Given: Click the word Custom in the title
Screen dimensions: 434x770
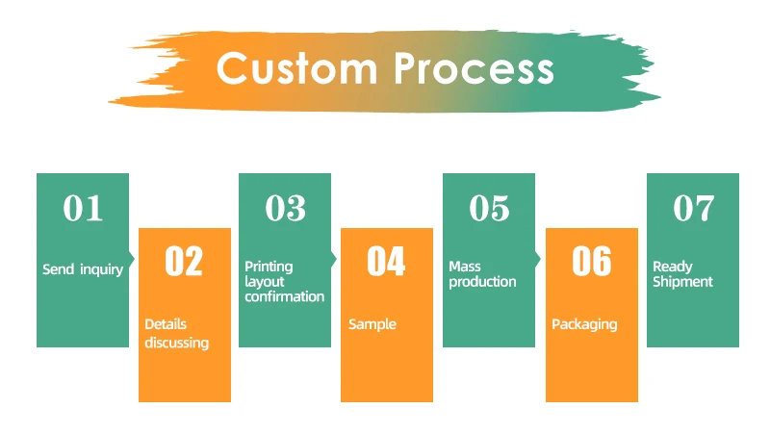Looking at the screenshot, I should (x=297, y=69).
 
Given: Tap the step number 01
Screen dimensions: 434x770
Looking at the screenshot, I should (x=83, y=208).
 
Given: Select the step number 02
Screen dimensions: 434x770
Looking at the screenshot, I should (x=184, y=262).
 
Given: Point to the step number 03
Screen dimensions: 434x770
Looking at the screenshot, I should (x=285, y=208).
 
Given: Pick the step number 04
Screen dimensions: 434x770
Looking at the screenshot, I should (x=386, y=262).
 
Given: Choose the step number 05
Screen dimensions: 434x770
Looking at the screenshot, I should (x=489, y=208).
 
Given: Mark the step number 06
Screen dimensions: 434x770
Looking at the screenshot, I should (x=591, y=262).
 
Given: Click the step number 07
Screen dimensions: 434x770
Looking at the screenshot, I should (x=693, y=208).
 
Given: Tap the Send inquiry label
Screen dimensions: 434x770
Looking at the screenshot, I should (x=83, y=269).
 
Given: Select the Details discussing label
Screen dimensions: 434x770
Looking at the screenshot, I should (x=176, y=333).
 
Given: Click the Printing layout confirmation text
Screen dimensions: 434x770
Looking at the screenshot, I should (x=284, y=281).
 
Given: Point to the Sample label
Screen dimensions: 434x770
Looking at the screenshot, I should (x=372, y=324).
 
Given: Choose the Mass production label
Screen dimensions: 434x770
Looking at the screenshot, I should (x=482, y=274).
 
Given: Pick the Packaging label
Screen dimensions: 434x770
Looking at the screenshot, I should (x=583, y=324).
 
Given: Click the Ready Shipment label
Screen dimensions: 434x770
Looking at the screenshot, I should (x=682, y=274).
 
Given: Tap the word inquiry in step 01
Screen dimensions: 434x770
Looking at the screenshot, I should (x=101, y=269).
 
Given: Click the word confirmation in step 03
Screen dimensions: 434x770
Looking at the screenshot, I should (x=284, y=296).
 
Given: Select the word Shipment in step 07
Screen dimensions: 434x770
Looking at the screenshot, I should (x=682, y=282).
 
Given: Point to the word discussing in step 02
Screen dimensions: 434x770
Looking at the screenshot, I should (x=176, y=343).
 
